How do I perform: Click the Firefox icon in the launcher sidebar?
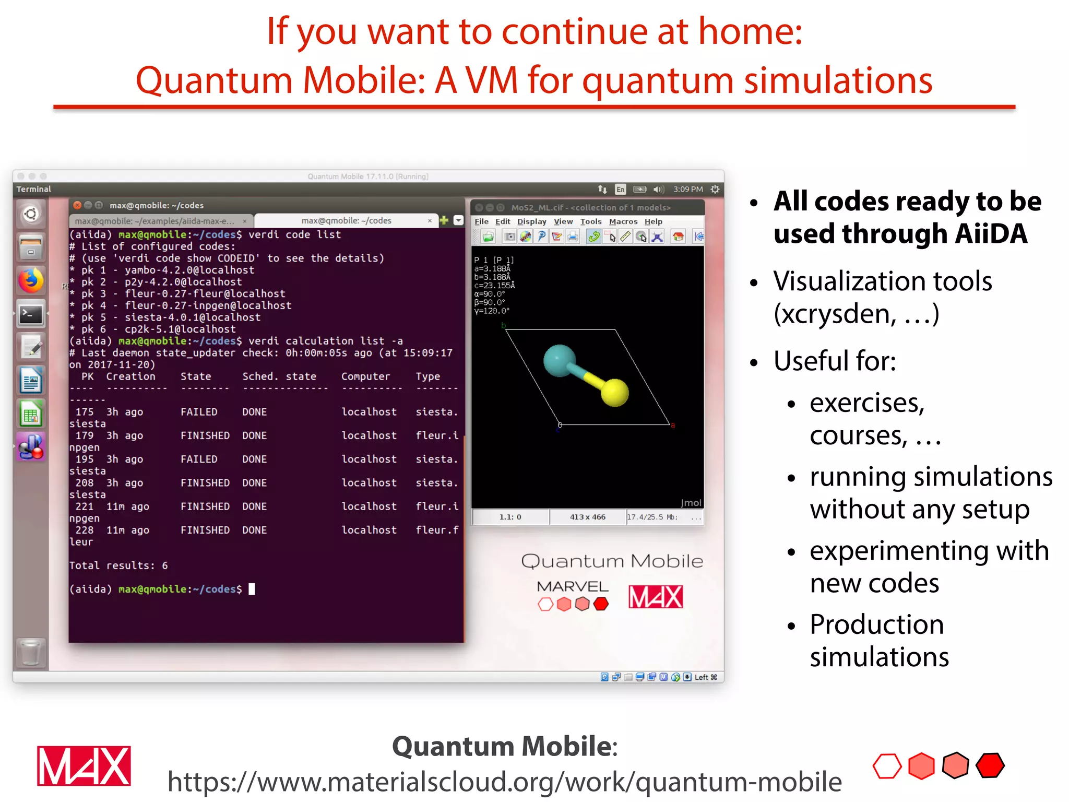[x=31, y=281]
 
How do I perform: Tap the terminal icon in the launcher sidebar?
[x=31, y=314]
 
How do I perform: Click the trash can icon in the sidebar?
[x=31, y=652]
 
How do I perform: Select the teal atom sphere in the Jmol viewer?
[x=559, y=360]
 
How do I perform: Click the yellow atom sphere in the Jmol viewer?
[x=614, y=392]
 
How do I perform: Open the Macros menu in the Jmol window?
[x=623, y=221]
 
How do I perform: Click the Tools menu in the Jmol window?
[x=591, y=221]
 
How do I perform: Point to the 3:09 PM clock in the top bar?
[x=687, y=189]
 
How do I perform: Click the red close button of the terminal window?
[x=77, y=205]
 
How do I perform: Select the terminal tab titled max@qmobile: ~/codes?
[x=346, y=220]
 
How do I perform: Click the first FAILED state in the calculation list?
[x=198, y=412]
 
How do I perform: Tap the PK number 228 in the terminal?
[x=85, y=530]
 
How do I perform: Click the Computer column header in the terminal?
[x=365, y=376]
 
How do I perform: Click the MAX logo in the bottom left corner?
[x=84, y=766]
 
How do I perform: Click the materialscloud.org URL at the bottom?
[x=504, y=782]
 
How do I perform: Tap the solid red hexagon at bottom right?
[x=990, y=766]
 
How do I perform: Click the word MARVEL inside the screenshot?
[x=573, y=586]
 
